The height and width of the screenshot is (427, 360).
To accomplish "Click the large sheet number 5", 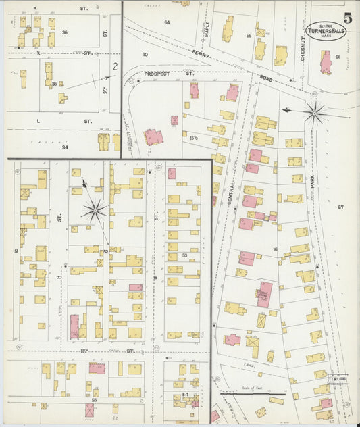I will pos(347,18).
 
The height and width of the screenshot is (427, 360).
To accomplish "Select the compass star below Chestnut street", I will pos(314,112).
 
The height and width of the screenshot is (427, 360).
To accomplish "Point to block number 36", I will pos(65,32).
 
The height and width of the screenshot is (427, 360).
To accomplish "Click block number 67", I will pos(340,206).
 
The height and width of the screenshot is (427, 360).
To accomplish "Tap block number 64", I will pos(166,22).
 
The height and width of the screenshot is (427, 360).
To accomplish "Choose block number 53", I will pos(184,255).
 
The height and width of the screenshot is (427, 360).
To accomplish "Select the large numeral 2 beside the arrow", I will pos(115,66).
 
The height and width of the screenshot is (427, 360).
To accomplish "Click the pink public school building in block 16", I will pos(263,295).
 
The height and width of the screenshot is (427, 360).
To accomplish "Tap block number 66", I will pos(338,57).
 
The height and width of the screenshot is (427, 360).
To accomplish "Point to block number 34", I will pos(65,147).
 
